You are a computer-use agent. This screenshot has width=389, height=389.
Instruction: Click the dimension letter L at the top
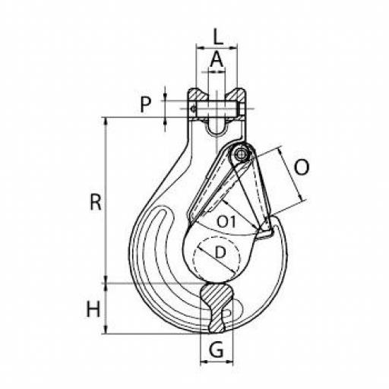point(218,37)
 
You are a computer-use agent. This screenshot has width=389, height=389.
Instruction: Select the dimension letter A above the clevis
point(217,59)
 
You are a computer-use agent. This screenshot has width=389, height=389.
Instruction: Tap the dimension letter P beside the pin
point(146,104)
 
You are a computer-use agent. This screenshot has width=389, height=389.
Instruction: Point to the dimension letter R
point(96,202)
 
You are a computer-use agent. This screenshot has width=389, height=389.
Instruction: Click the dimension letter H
point(93,309)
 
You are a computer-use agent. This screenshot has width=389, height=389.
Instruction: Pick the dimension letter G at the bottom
point(217,349)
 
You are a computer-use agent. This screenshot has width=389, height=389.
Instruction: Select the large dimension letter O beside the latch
point(302,167)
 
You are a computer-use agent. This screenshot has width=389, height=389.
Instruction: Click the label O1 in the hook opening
point(226,222)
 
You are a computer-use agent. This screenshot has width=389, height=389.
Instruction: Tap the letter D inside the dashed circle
point(220,252)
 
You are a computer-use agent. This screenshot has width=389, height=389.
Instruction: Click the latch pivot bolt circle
point(240,154)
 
